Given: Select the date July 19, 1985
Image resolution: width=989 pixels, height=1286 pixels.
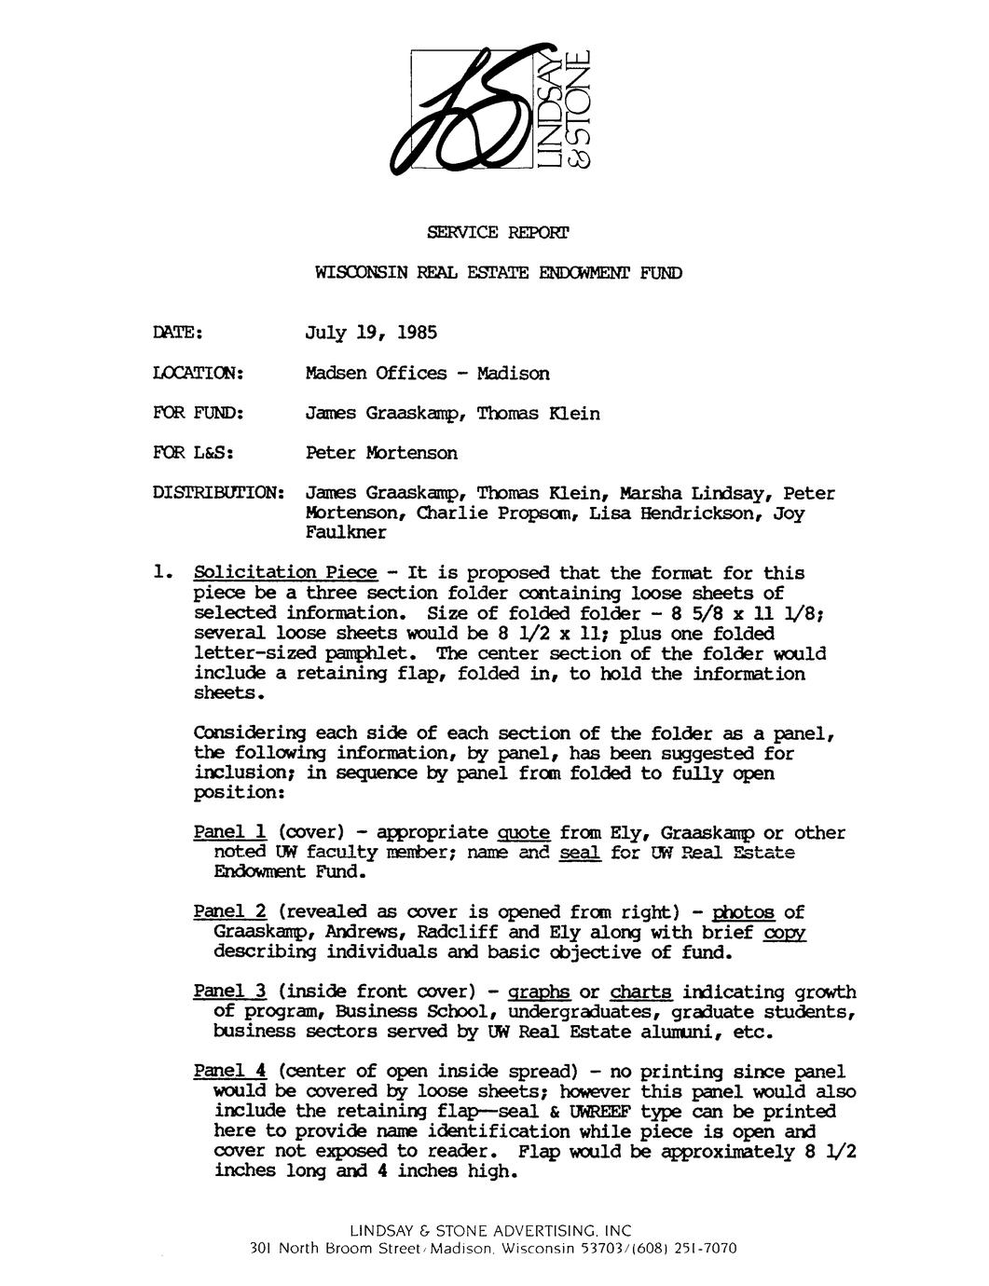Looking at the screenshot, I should pyautogui.click(x=371, y=333).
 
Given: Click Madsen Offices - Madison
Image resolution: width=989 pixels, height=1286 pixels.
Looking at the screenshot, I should pyautogui.click(x=428, y=374).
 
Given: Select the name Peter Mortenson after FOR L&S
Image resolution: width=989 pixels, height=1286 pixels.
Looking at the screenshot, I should pyautogui.click(x=382, y=453).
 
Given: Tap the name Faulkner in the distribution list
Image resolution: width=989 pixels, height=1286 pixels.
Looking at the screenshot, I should pyautogui.click(x=345, y=533).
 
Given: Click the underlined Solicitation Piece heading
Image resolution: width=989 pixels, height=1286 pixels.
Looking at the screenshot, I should pyautogui.click(x=285, y=572).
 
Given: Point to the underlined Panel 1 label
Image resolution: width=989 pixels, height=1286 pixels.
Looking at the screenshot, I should pyautogui.click(x=230, y=832).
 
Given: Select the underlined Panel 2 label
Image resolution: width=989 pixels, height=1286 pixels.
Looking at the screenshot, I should pyautogui.click(x=230, y=911).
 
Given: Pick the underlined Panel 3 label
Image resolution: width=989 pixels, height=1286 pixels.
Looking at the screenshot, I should pyautogui.click(x=230, y=992).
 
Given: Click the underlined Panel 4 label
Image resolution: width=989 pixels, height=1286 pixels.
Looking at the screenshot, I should pyautogui.click(x=230, y=1072).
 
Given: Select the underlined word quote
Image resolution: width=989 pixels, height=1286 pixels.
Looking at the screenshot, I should pyautogui.click(x=525, y=832).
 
